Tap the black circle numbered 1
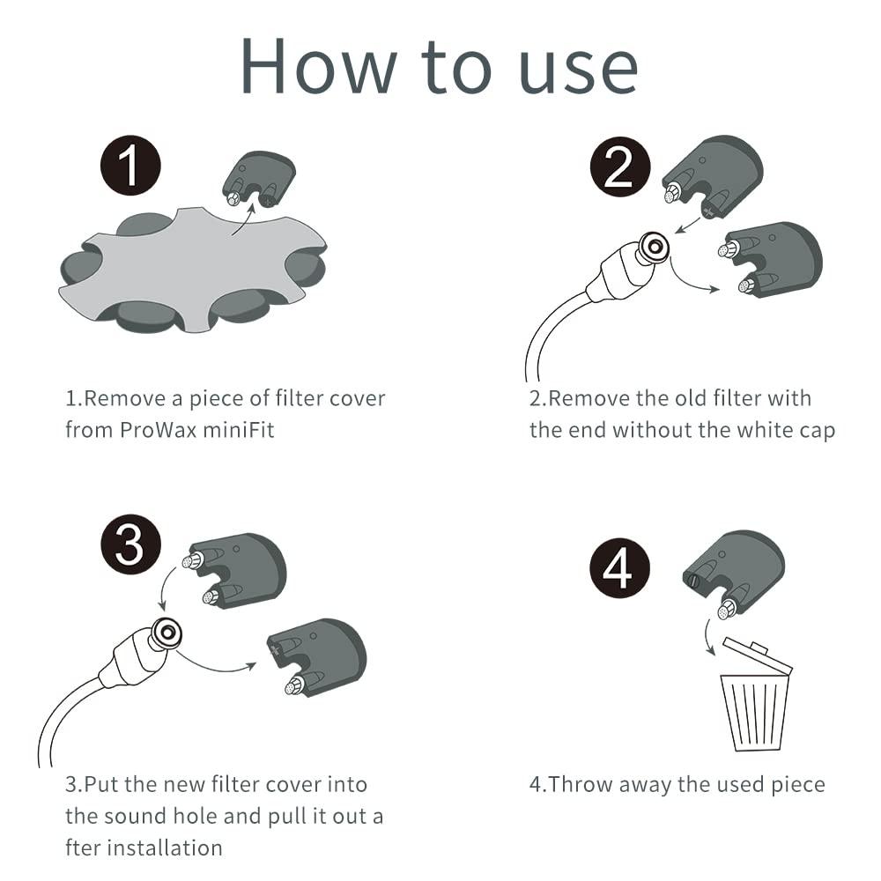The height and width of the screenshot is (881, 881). pos(130,166)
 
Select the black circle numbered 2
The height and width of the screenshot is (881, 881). pos(620,167)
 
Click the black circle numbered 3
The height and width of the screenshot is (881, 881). pos(130,544)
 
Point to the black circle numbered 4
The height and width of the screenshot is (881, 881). pos(619,568)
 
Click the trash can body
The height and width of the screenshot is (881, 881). pos(755,713)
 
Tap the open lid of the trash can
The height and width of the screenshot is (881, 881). pos(758,655)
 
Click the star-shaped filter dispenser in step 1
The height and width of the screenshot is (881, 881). pos(193,270)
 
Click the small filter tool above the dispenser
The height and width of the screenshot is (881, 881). pos(258,179)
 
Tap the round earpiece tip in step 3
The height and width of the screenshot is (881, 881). pos(166,633)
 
